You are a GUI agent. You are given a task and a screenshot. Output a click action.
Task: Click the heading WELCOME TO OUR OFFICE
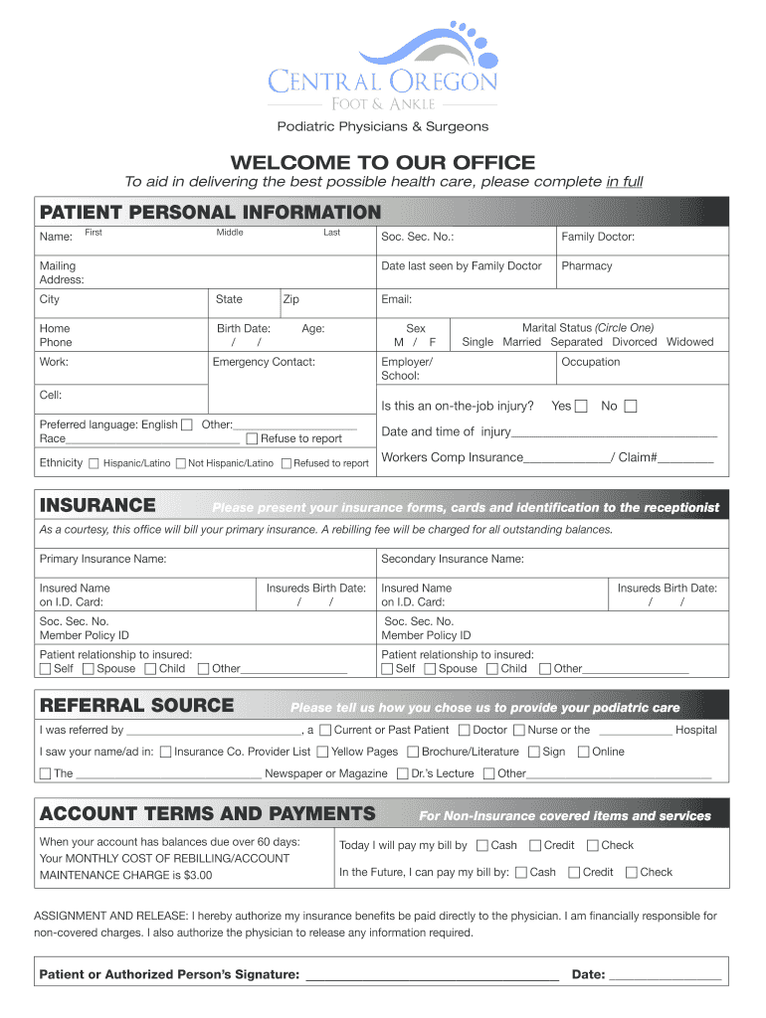coord(383,162)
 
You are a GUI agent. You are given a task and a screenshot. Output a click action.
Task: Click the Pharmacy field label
coord(587,266)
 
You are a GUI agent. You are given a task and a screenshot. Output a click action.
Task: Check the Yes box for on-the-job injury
coord(581,406)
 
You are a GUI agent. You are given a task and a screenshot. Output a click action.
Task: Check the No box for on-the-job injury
coord(631,406)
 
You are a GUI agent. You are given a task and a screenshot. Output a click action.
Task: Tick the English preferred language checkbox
coord(188,424)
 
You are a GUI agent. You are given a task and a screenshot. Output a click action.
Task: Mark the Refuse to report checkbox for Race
coord(252,438)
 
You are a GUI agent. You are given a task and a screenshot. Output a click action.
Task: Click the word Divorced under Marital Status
coord(635,342)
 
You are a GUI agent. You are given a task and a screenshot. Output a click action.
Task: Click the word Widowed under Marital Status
coord(689,342)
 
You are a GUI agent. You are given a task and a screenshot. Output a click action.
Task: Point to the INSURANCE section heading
coord(97,506)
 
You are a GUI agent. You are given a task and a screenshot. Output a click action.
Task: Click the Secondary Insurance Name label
coord(452,560)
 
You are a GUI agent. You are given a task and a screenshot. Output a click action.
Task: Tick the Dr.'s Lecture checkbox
coord(402,773)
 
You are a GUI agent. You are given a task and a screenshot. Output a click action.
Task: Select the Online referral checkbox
coord(583,752)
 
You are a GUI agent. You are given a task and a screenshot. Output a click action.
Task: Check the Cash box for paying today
coord(481,846)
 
